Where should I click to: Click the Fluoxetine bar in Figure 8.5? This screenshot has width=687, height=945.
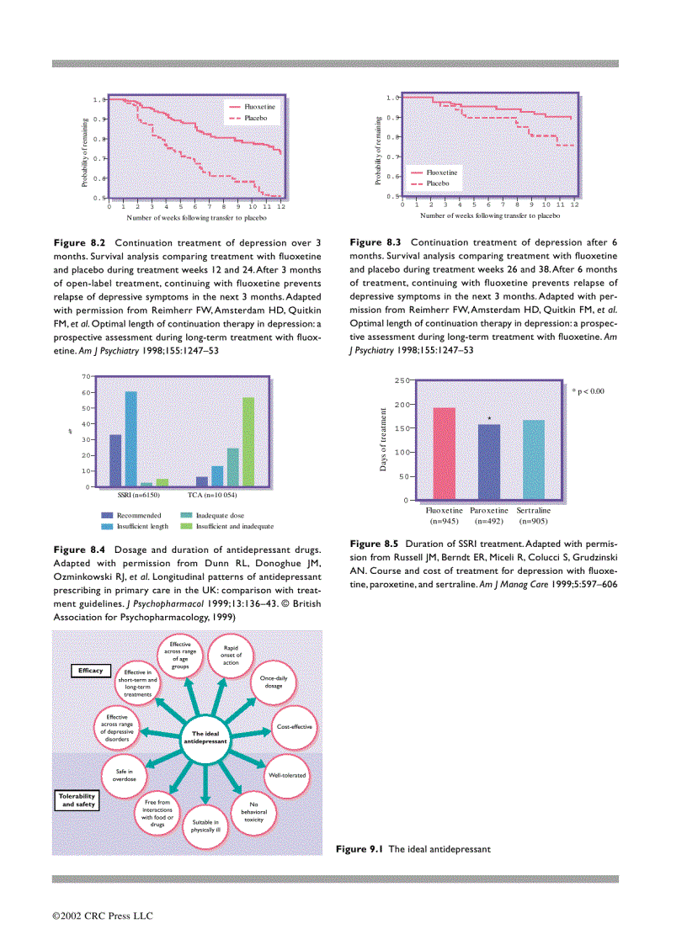point(444,454)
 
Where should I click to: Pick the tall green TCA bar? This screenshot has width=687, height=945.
point(248,442)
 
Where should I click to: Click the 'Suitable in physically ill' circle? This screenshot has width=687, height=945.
point(205,825)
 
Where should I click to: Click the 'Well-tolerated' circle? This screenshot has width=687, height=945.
point(287,774)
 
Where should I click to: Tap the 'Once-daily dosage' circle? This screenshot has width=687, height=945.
point(274,682)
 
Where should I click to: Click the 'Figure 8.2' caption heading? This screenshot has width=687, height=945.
point(81,242)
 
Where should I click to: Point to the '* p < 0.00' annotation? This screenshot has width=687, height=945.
point(588,391)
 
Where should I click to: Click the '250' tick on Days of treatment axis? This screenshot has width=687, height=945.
point(401,381)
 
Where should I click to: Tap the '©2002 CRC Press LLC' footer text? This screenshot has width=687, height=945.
point(103,916)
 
